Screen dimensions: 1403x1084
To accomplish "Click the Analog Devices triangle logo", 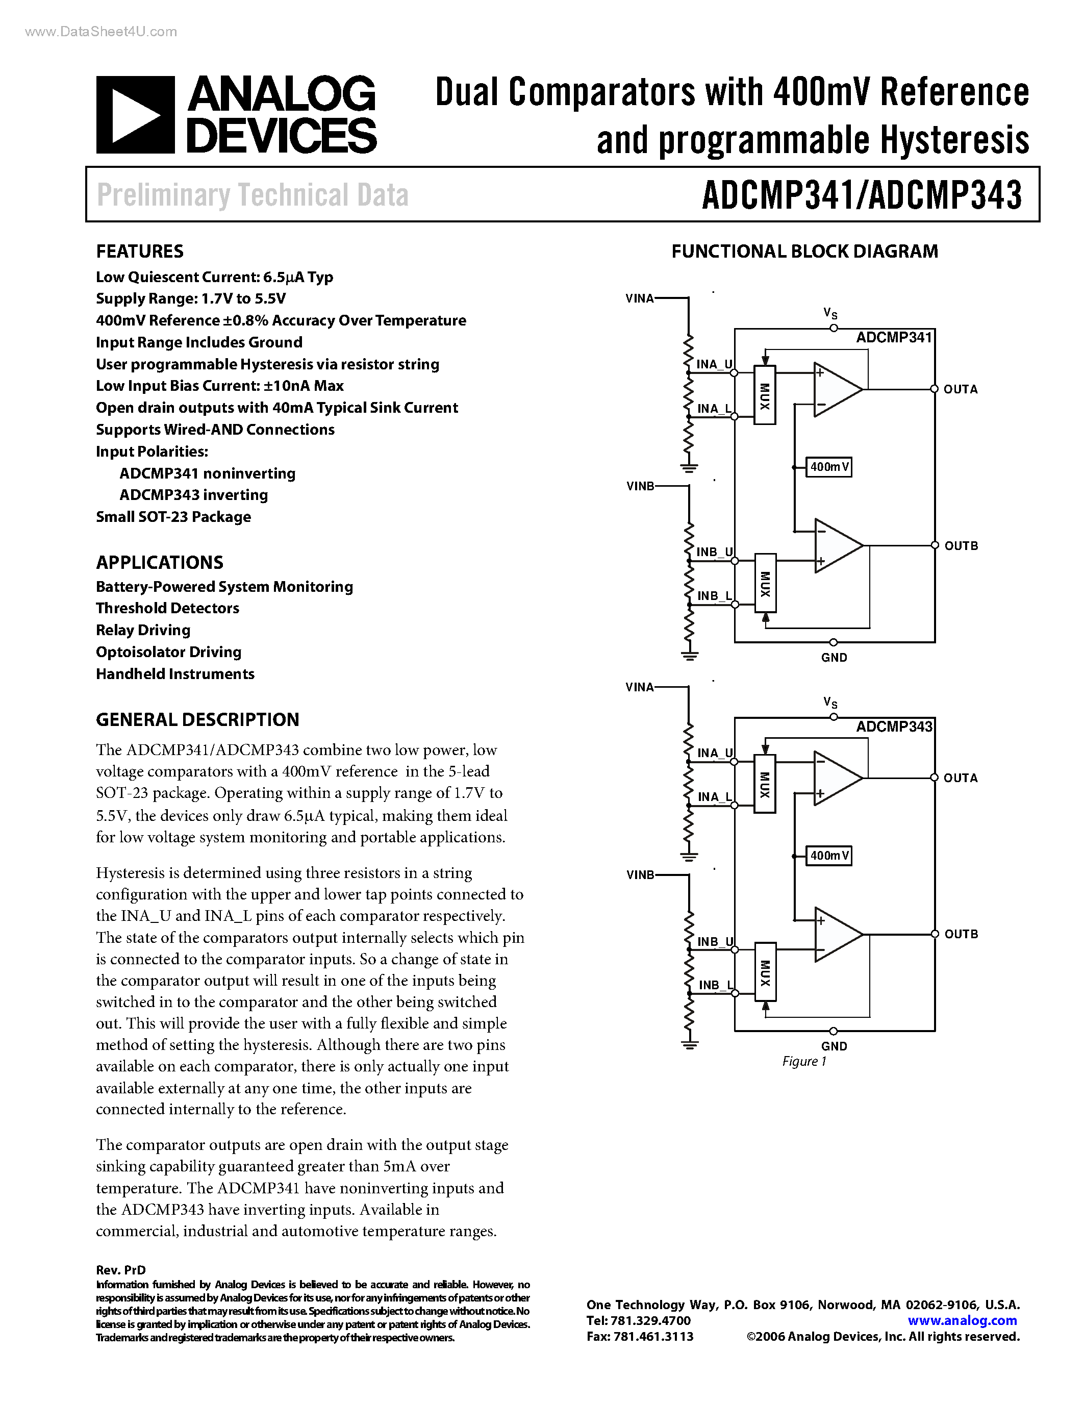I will pyautogui.click(x=136, y=115).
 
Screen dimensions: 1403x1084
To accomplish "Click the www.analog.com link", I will pyautogui.click(x=962, y=1320).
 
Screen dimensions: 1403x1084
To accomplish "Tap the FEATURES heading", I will pyautogui.click(x=139, y=251).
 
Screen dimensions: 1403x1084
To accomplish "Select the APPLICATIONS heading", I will pyautogui.click(x=159, y=562).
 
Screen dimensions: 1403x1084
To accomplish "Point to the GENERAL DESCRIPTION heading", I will pyautogui.click(x=197, y=719).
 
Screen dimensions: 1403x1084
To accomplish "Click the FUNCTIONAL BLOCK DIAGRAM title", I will pyautogui.click(x=804, y=251).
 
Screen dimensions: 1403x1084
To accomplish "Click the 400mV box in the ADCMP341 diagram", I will pyautogui.click(x=829, y=467).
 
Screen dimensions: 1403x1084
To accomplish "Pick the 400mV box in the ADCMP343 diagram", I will pyautogui.click(x=829, y=856).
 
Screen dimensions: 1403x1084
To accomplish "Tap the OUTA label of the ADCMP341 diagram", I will pyautogui.click(x=960, y=389).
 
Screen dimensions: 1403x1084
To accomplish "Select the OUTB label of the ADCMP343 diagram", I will pyautogui.click(x=961, y=934).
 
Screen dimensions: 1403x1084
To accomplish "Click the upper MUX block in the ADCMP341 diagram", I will pyautogui.click(x=764, y=395).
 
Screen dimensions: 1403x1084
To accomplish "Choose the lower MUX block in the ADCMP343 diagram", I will pyautogui.click(x=765, y=972).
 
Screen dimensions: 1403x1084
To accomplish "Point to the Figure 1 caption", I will pyautogui.click(x=804, y=1061).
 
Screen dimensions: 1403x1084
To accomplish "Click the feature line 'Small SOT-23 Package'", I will pyautogui.click(x=173, y=517).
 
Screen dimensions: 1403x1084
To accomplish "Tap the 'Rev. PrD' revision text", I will pyautogui.click(x=121, y=1270).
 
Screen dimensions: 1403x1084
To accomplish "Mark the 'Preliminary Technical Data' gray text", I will pyautogui.click(x=253, y=195).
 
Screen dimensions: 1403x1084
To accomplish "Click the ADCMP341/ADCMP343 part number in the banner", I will pyautogui.click(x=862, y=195).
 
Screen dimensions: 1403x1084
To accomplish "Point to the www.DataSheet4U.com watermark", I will pyautogui.click(x=101, y=32).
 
